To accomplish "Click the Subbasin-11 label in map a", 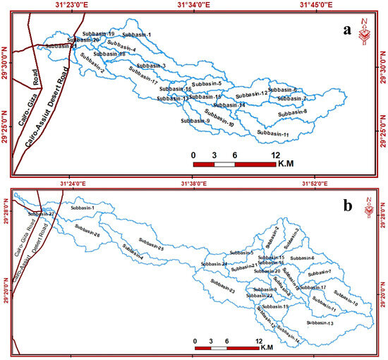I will click(x=274, y=133).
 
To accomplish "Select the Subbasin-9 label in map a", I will click(x=195, y=121).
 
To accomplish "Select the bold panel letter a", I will click(x=346, y=30).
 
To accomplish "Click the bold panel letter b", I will click(x=347, y=207).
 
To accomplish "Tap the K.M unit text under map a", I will click(x=289, y=164).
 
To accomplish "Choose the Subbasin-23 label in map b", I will click(x=222, y=291).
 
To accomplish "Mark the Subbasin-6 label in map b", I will click(x=303, y=258).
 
